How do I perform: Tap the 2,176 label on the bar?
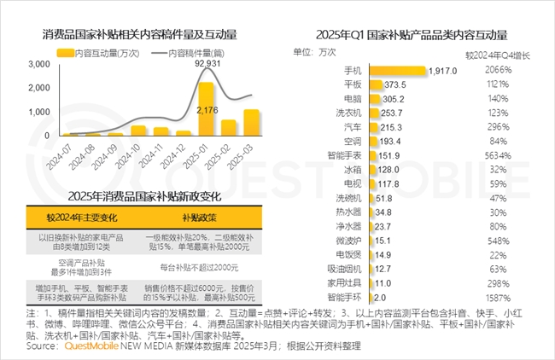point(207,110)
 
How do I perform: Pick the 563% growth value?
point(499,154)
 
